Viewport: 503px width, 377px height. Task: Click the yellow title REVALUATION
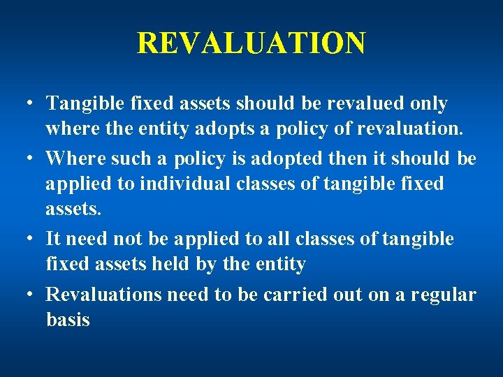pyautogui.click(x=251, y=43)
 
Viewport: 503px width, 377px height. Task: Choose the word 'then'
pyautogui.click(x=340, y=158)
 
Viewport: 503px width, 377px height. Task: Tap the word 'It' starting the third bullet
pyautogui.click(x=53, y=239)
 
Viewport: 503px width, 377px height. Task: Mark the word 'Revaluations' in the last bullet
pyautogui.click(x=103, y=295)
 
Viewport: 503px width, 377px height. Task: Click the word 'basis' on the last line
pyautogui.click(x=68, y=320)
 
